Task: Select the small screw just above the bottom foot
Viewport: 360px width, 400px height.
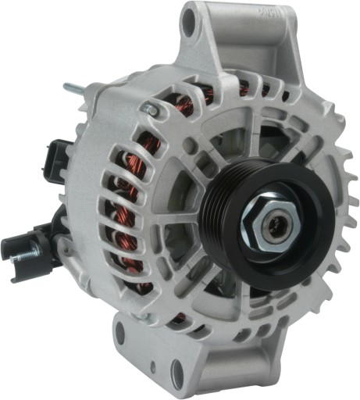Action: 144,316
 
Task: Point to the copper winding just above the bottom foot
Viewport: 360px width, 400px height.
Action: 179,317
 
